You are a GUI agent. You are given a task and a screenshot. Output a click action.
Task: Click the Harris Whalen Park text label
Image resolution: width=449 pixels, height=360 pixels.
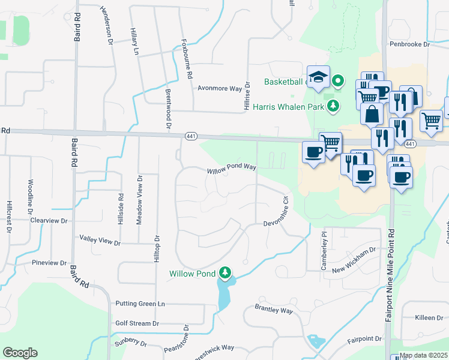[x=289, y=107]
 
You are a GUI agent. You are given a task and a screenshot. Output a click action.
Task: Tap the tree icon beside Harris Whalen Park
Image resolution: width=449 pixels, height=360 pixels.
[x=333, y=107]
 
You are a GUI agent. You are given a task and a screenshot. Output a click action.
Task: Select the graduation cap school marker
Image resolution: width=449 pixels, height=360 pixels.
[x=319, y=76]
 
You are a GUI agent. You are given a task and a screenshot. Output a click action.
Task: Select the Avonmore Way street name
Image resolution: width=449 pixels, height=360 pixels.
[x=220, y=88]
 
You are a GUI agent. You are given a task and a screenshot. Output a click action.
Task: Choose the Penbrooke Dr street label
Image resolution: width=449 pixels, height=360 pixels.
[x=410, y=44]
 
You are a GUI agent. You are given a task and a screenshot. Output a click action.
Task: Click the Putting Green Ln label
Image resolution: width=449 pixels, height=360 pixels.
[x=140, y=304]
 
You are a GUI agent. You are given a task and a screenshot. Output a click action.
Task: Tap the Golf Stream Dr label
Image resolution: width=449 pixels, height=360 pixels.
[x=137, y=323]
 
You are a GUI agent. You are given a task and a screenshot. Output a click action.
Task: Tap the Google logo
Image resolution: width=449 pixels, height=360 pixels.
[x=20, y=353]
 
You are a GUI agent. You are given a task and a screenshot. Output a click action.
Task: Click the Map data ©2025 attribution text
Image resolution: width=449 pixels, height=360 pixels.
[x=424, y=355]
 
